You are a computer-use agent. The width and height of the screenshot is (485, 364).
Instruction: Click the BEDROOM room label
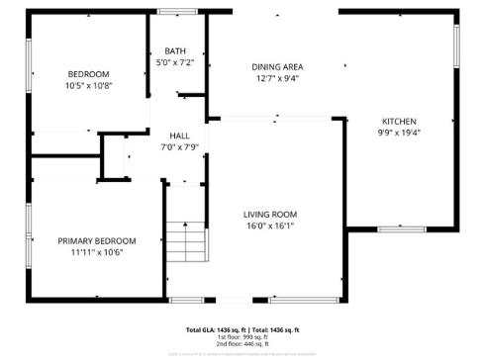pyautogui.click(x=88, y=74)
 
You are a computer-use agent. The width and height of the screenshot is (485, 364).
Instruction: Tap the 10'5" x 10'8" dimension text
pyautogui.click(x=88, y=86)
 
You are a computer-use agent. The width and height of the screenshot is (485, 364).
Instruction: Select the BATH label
pyautogui.click(x=175, y=50)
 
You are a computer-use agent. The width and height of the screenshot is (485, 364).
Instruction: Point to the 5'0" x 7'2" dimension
pyautogui.click(x=175, y=62)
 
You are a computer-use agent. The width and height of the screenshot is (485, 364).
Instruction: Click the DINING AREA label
pyautogui.click(x=276, y=66)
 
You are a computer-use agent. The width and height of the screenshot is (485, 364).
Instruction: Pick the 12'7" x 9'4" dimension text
pyautogui.click(x=276, y=78)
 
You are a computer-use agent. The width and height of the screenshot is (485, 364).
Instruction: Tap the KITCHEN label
pyautogui.click(x=399, y=121)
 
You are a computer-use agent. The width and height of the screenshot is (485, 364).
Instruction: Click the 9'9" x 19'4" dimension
pyautogui.click(x=399, y=133)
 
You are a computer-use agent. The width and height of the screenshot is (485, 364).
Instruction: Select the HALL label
pyautogui.click(x=179, y=136)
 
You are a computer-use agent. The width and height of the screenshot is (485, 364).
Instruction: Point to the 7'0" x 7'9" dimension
pyautogui.click(x=179, y=147)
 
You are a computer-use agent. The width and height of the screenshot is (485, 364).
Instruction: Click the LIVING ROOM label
pyautogui.click(x=270, y=214)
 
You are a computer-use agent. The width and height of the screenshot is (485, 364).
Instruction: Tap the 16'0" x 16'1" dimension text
pyautogui.click(x=270, y=226)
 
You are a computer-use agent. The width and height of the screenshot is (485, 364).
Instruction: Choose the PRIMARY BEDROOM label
pyautogui.click(x=96, y=240)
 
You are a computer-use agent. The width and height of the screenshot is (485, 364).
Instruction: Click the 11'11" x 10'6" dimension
pyautogui.click(x=96, y=252)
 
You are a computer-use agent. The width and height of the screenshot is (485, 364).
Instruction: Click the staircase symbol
pyautogui.click(x=184, y=240)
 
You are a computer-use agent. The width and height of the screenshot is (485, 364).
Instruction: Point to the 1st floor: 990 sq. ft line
pyautogui.click(x=242, y=336)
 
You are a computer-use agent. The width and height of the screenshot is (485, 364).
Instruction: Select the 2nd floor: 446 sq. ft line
pyautogui.click(x=242, y=343)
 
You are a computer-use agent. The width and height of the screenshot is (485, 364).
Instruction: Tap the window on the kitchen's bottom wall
pyautogui.click(x=400, y=228)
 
